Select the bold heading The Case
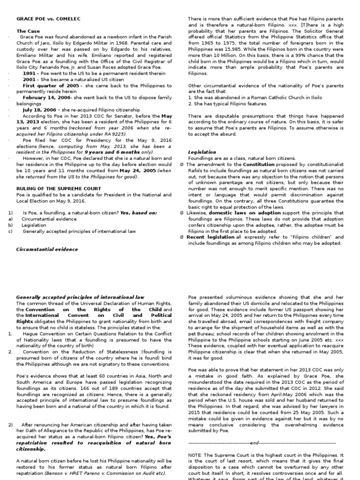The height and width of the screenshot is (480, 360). pyautogui.click(x=28, y=31)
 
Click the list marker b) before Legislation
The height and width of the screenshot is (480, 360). pyautogui.click(x=10, y=225)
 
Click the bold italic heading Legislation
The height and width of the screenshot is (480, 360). pyautogui.click(x=202, y=152)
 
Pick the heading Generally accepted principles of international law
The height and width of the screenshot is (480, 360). pyautogui.click(x=81, y=297)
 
